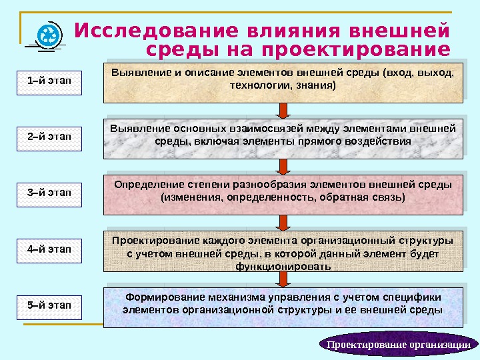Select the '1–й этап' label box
tap(49, 81)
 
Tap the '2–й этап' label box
tap(49, 137)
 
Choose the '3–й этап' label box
tap(49, 193)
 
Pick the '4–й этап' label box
tap(49, 249)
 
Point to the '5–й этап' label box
tap(49, 305)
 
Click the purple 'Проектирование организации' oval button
tap(400, 345)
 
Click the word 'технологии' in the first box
tap(255, 86)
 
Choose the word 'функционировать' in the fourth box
tap(283, 266)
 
